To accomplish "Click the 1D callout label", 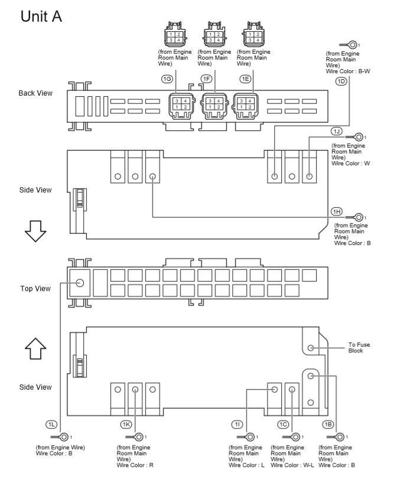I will pyautogui.click(x=341, y=82).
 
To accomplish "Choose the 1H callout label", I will pyautogui.click(x=336, y=211).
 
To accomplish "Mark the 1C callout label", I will pyautogui.click(x=284, y=424).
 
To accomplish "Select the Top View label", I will pyautogui.click(x=36, y=289).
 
